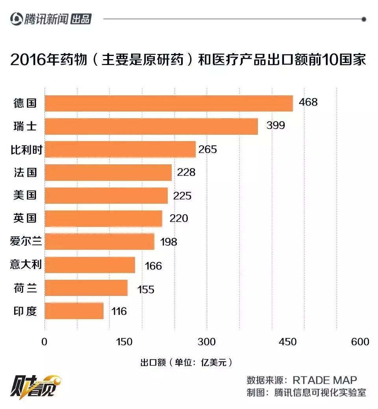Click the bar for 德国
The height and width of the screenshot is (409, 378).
pyautogui.click(x=169, y=103)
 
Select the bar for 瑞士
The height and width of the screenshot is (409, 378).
pyautogui.click(x=151, y=126)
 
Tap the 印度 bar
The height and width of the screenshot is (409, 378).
pyautogui.click(x=74, y=311)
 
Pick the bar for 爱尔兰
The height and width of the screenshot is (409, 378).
pyautogui.click(x=99, y=242)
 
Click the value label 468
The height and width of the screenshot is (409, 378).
pyautogui.click(x=308, y=102)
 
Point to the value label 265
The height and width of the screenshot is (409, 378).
pyautogui.click(x=208, y=149)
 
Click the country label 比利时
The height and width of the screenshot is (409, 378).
pyautogui.click(x=26, y=149)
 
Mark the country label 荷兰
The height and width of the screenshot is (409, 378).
pyautogui.click(x=26, y=288)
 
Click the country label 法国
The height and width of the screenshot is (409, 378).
pyautogui.click(x=26, y=172)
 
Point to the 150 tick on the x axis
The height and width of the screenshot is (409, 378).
pyautogui.click(x=125, y=342)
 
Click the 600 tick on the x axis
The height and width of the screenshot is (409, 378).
pyautogui.click(x=360, y=342)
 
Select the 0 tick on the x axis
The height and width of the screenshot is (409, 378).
pyautogui.click(x=44, y=342)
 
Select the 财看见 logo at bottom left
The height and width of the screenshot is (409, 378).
pyautogui.click(x=35, y=385)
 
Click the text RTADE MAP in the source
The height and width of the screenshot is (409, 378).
pyautogui.click(x=325, y=380)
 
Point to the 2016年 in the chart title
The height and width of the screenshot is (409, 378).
pyautogui.click(x=30, y=60)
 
